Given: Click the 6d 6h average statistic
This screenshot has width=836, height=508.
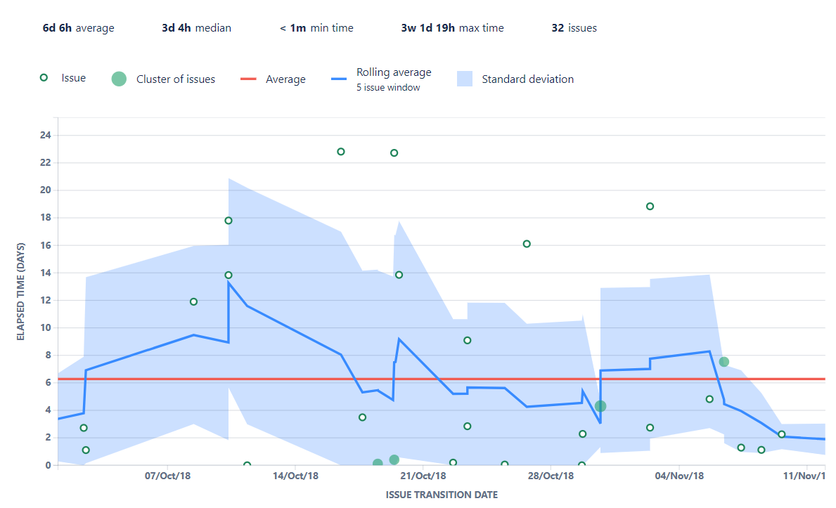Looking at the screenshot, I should click(x=78, y=28).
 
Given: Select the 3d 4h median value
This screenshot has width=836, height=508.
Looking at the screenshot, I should click(x=196, y=28).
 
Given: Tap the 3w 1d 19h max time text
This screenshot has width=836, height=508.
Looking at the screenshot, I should click(x=452, y=28).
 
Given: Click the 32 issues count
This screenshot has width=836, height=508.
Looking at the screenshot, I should click(x=574, y=28).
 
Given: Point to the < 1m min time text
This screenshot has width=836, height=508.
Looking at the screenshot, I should click(x=316, y=28).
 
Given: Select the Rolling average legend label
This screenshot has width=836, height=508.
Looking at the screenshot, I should click(x=394, y=72).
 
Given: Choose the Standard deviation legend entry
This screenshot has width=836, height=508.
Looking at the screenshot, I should click(x=527, y=79).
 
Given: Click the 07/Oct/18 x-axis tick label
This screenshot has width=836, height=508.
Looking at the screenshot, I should click(x=167, y=476).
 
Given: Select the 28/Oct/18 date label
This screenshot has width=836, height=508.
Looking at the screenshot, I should click(x=551, y=476).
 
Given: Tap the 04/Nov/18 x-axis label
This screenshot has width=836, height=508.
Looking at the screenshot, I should click(x=679, y=476).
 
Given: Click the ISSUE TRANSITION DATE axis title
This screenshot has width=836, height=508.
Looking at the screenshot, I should click(x=442, y=495).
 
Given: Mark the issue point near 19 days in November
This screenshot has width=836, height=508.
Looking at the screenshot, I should click(x=650, y=207).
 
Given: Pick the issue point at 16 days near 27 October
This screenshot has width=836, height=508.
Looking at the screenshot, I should click(x=527, y=244).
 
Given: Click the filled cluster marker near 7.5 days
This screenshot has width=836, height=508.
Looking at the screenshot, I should click(x=724, y=362).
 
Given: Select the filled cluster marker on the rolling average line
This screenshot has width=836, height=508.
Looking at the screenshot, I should click(x=600, y=406).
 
